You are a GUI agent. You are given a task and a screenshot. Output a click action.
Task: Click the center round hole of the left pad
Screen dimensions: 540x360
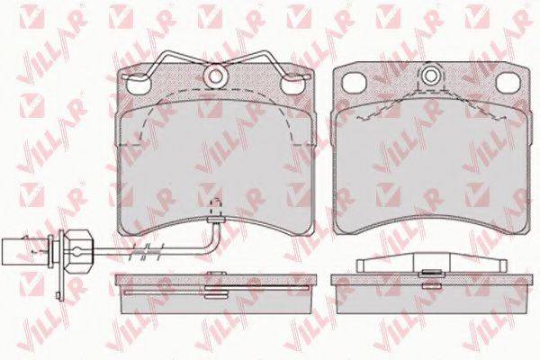[x=215, y=76]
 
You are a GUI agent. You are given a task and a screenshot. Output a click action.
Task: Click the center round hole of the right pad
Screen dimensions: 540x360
[x=430, y=76]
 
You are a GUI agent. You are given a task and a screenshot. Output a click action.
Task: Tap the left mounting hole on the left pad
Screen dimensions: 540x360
[x=139, y=84]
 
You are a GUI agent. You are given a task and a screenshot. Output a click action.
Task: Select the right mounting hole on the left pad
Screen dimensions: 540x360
[x=292, y=84]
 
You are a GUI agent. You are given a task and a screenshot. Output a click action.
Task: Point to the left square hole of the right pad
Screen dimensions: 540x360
[x=355, y=83]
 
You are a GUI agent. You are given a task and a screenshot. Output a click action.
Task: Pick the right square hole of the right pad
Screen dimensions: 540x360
[x=508, y=83]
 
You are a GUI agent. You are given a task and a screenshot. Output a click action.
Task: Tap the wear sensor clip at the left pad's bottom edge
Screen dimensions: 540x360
[x=214, y=220]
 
